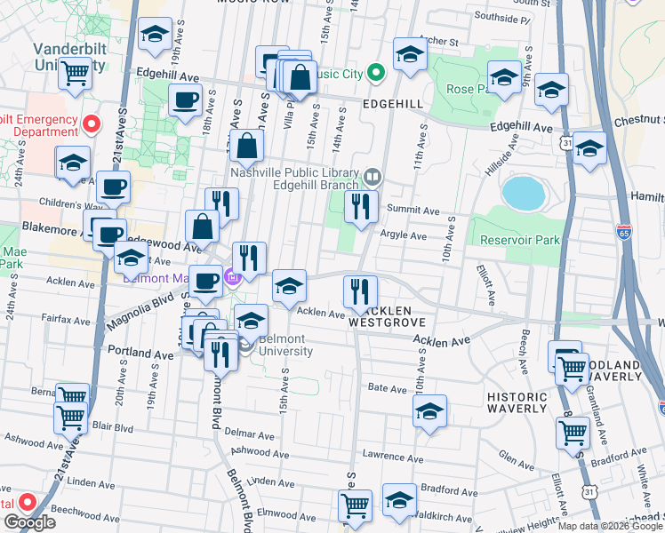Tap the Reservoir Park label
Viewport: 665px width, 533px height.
click(x=520, y=240)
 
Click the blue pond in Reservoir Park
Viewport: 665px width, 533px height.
click(x=523, y=191)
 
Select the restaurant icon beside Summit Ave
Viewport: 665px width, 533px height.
click(x=360, y=207)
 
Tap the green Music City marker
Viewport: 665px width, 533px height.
click(x=376, y=73)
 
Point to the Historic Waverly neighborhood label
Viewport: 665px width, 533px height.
click(x=517, y=402)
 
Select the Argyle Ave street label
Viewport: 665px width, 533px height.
click(x=404, y=236)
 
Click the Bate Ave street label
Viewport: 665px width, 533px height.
click(x=387, y=388)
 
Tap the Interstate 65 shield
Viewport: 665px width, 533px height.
click(x=624, y=235)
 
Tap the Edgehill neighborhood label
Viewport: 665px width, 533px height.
click(x=393, y=104)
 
